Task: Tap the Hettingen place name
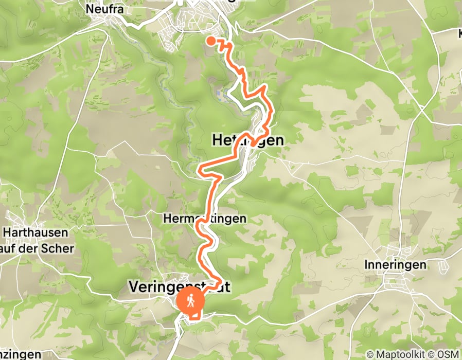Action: coord(247,140)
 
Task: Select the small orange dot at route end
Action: coord(211,41)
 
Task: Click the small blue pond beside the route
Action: coord(221,94)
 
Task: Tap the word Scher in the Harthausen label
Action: coord(60,249)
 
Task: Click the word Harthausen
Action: coord(37,232)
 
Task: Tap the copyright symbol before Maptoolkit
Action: coord(370,354)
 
